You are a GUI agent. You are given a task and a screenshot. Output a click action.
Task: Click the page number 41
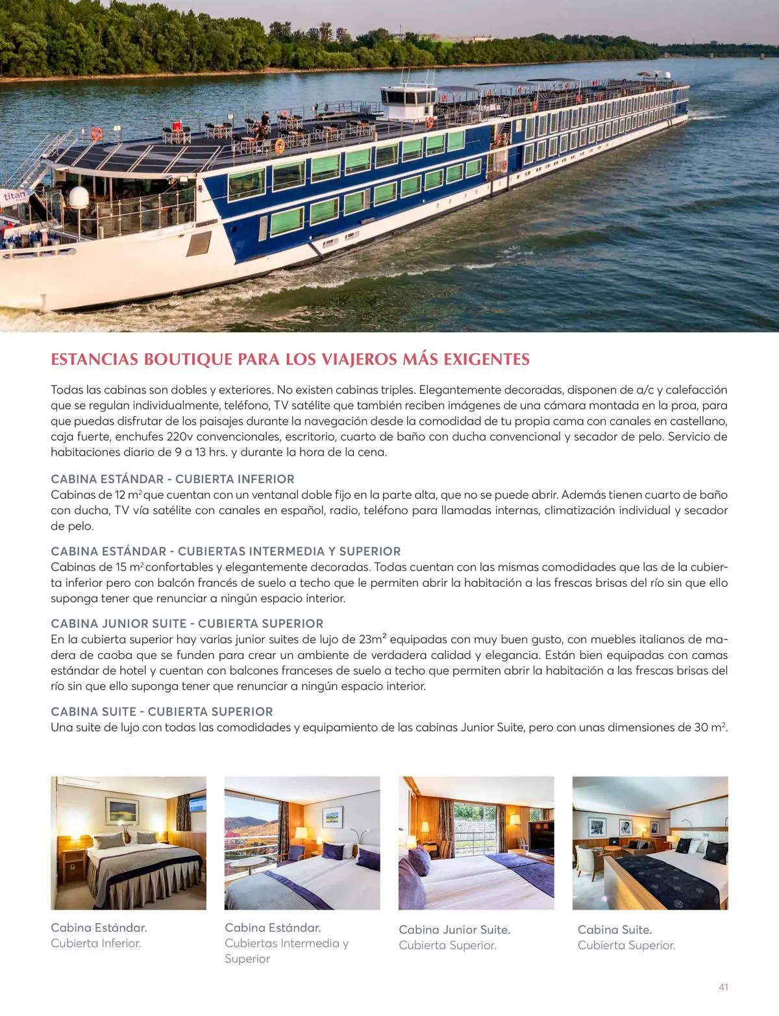723,987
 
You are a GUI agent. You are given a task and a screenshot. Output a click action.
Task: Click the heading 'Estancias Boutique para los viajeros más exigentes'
290,359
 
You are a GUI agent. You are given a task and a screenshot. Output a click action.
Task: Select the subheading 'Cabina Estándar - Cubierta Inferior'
172,479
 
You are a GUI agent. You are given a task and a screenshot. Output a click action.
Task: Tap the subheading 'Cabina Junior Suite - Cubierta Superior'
187,623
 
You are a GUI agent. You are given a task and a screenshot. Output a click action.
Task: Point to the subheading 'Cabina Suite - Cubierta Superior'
162,712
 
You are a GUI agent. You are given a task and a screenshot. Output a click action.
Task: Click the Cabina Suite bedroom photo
650,843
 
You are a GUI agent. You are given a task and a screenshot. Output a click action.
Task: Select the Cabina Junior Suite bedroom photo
476,843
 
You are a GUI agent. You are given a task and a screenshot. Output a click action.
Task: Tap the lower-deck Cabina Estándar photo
129,843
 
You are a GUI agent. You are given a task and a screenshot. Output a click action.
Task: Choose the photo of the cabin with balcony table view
302,843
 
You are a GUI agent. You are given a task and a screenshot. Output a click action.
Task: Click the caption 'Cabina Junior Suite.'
454,930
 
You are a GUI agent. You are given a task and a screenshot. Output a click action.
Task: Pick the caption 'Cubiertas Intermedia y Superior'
286,951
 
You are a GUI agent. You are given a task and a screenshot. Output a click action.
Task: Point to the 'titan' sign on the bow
14,195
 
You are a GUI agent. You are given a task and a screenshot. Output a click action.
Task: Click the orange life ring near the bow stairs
97,134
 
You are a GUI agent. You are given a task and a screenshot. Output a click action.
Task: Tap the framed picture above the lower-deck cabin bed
122,811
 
